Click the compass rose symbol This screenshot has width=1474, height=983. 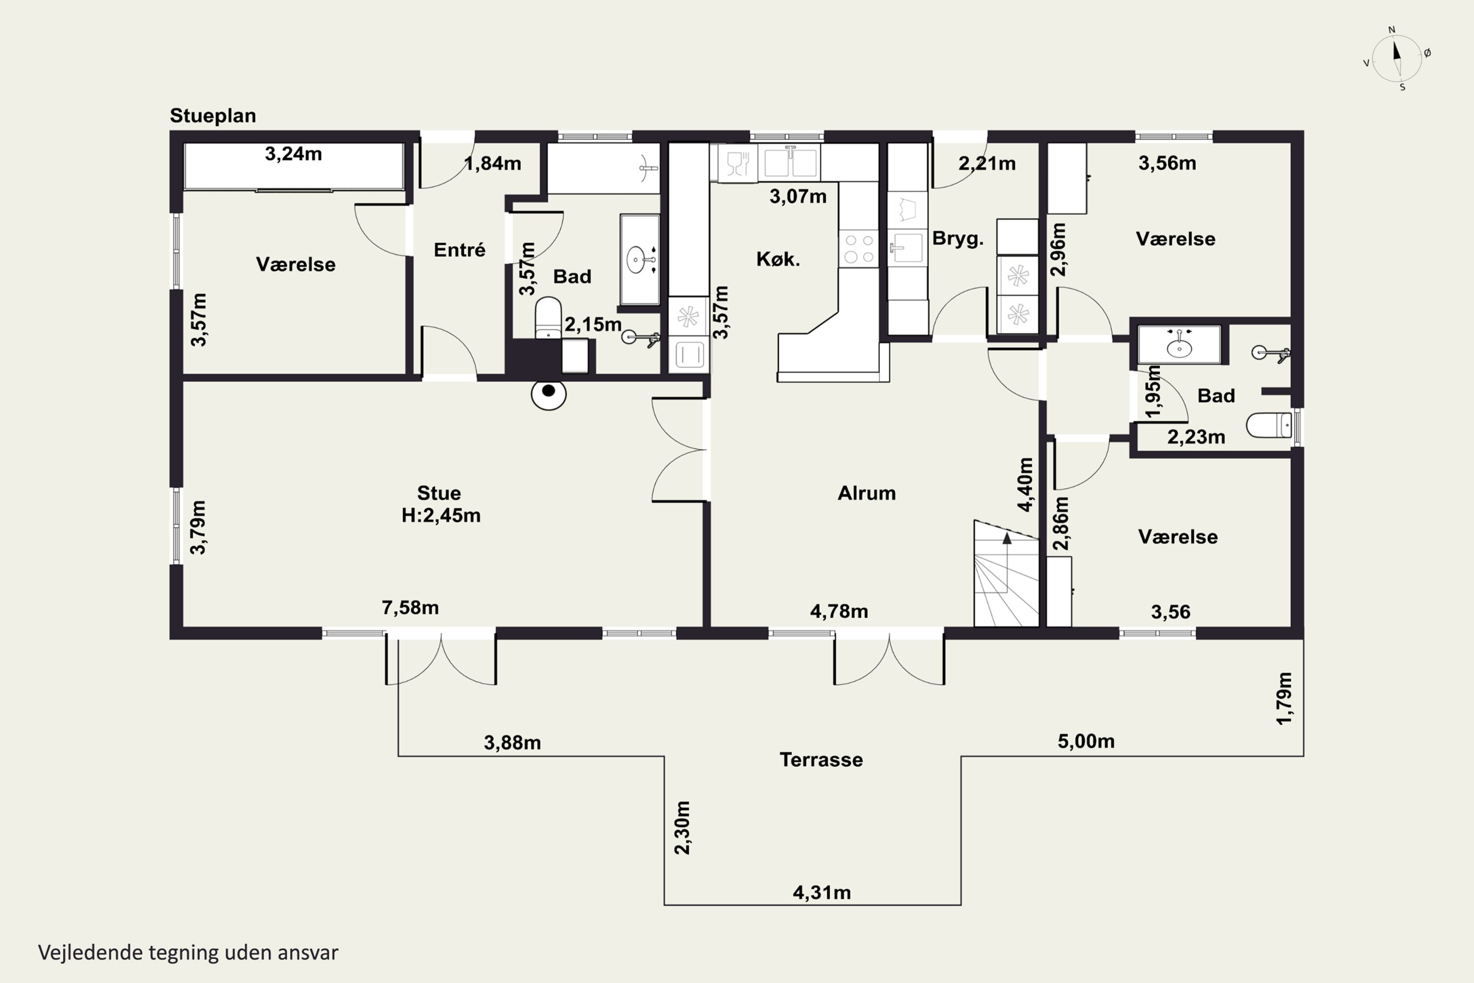[x=1397, y=58]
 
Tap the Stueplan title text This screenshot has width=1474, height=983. [x=213, y=116]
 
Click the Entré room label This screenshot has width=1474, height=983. [x=459, y=250]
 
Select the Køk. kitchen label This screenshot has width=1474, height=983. [x=778, y=259]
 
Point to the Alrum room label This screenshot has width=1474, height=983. [x=867, y=493]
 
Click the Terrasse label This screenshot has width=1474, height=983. [x=821, y=760]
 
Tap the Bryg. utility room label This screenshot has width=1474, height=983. [x=958, y=239]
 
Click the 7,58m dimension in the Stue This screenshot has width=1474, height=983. [x=410, y=607]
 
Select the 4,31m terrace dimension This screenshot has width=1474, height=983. [x=822, y=892]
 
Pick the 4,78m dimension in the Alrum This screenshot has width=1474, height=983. [x=839, y=611]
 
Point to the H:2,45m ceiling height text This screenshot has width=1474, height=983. [x=441, y=515]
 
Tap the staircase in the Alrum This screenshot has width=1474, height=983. [x=1006, y=574]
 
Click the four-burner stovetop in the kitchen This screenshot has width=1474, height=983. [x=858, y=248]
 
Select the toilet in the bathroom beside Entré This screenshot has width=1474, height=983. [x=548, y=318]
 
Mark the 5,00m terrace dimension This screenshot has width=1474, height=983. [x=1086, y=742]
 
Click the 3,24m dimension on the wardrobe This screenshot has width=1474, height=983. [x=293, y=153]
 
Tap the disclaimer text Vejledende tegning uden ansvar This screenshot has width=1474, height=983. [x=188, y=953]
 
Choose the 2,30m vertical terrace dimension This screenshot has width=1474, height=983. [x=682, y=828]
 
